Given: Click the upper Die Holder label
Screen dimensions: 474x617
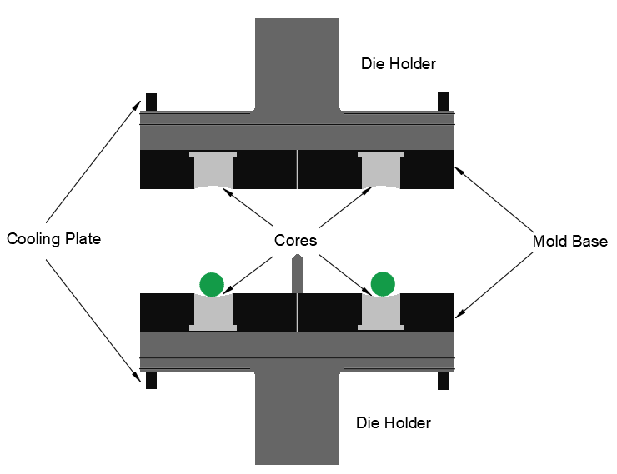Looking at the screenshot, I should pos(398,63).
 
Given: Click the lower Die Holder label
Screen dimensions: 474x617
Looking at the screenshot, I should pos(393,423).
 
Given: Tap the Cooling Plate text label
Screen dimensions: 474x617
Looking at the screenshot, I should pos(53,240).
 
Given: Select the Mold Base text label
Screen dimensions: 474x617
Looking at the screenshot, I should pos(570,242).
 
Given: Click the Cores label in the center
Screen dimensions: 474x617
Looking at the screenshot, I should pos(295,241).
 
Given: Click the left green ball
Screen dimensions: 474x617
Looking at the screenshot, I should pos(212,283).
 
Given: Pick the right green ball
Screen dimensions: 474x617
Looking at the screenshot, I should pos(383,283).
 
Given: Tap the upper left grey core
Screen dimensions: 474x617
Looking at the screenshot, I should pos(213,171).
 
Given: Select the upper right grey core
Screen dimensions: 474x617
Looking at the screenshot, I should pos(381,171).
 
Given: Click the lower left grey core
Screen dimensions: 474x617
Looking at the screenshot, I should pos(213,312).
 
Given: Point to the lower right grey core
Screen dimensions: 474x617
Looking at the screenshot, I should pos(381,312).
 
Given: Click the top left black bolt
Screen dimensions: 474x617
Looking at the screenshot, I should pos(151,102).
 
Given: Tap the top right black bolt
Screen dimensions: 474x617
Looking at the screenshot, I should pos(444,102).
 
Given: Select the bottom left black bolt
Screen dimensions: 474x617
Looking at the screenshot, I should pos(151,380).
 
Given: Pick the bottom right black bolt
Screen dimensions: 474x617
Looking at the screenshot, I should pos(444,380).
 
